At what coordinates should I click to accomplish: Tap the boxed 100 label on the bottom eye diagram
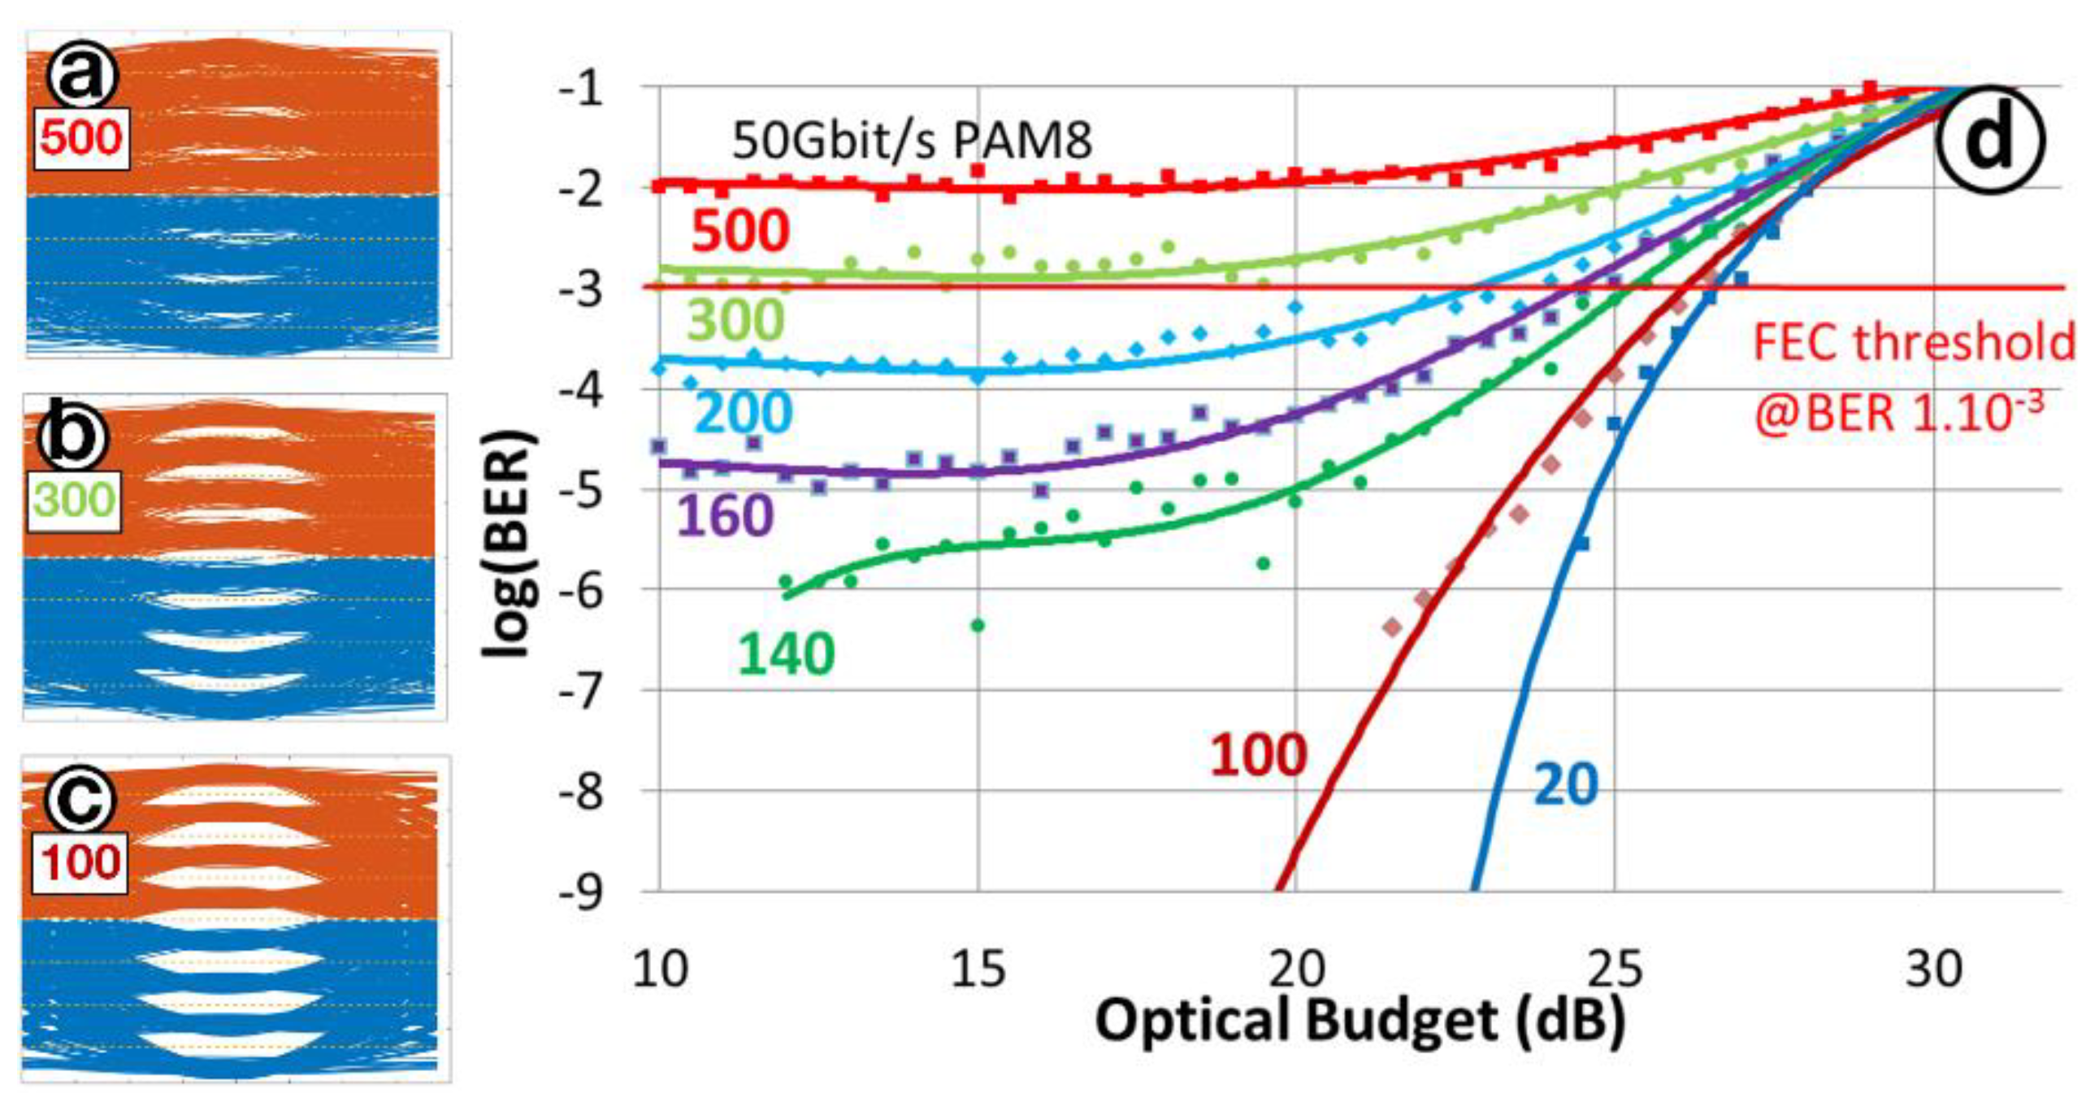tap(81, 862)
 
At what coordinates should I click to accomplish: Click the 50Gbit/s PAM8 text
tap(911, 141)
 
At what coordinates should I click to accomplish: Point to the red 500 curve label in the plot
tap(739, 231)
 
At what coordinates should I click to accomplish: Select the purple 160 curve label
tap(724, 516)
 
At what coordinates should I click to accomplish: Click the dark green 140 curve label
tap(786, 653)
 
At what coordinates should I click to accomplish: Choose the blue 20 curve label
tap(1565, 784)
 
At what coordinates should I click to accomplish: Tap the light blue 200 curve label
tap(743, 413)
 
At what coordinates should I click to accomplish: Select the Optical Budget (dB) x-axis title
tap(1360, 1021)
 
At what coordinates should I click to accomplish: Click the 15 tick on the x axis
tap(978, 970)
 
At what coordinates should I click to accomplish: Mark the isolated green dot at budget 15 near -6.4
tap(978, 625)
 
